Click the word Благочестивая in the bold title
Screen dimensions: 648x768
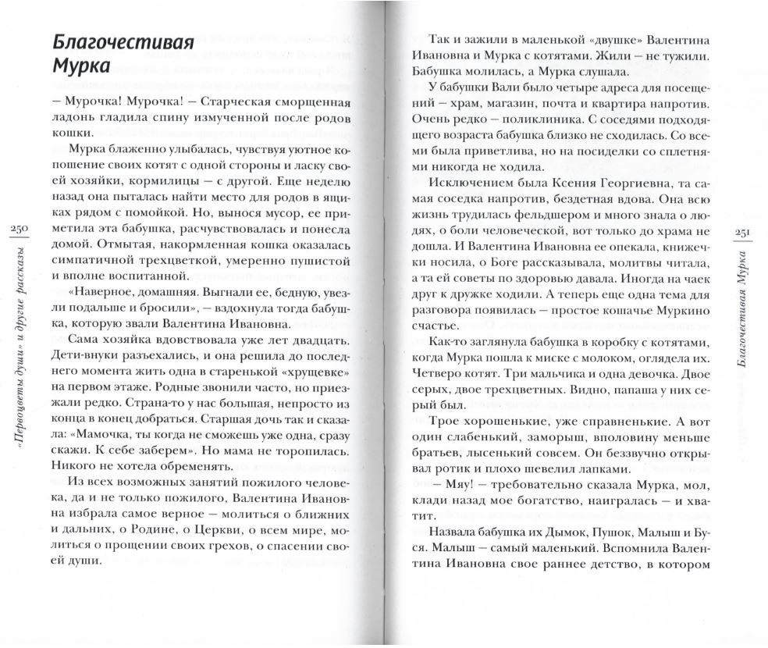pos(121,41)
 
